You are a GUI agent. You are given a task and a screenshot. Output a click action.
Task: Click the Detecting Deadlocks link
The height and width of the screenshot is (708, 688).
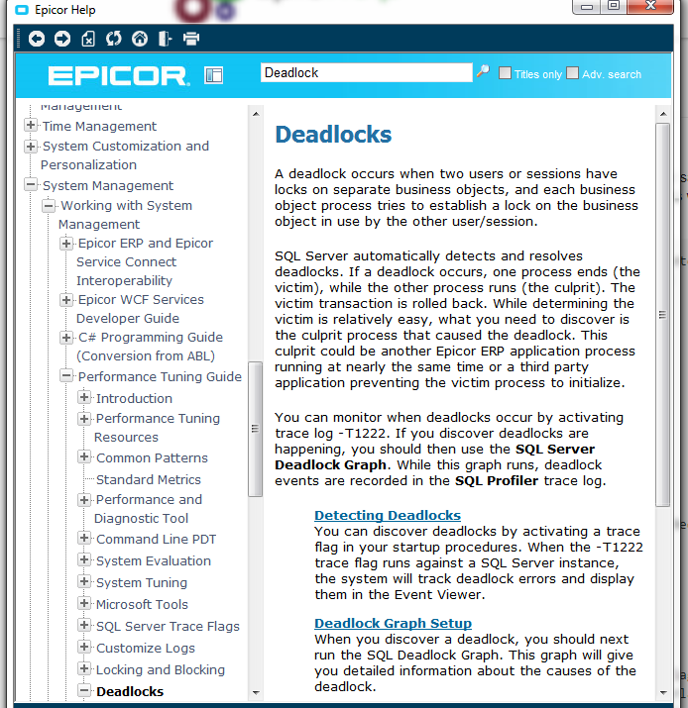click(x=388, y=515)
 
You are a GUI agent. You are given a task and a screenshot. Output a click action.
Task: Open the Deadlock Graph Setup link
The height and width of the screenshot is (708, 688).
click(x=393, y=623)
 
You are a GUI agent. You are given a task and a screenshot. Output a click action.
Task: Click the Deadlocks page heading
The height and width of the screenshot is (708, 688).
click(x=333, y=135)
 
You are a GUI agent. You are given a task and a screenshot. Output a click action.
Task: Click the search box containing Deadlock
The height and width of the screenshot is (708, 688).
click(x=366, y=72)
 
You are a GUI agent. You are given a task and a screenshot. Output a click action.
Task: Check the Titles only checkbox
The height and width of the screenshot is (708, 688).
click(x=506, y=73)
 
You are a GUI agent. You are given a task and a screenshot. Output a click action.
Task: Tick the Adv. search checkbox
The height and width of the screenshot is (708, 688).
click(x=573, y=73)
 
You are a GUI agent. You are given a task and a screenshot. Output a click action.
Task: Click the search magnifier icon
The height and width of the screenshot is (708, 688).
click(x=483, y=71)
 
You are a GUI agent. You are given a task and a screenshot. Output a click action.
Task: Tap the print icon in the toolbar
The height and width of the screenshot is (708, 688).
click(x=191, y=39)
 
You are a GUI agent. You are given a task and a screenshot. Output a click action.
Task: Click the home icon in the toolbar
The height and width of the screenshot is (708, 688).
click(x=140, y=39)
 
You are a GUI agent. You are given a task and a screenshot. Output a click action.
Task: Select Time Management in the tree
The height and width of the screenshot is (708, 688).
click(x=99, y=126)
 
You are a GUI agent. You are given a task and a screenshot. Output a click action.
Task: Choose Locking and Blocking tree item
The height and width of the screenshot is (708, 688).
click(x=160, y=669)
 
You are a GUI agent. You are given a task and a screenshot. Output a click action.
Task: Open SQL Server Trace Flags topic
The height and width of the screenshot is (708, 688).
click(x=168, y=626)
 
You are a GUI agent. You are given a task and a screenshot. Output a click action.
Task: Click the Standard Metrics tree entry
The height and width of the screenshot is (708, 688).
click(x=148, y=479)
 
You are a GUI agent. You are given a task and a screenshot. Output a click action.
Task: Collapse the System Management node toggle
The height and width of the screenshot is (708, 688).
click(x=32, y=185)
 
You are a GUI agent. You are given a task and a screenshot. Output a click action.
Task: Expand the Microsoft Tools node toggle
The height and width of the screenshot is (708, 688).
click(x=84, y=604)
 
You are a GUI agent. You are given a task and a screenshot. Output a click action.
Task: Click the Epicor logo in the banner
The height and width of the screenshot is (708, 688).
click(x=117, y=75)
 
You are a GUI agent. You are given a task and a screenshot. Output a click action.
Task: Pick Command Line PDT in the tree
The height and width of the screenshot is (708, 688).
click(x=156, y=539)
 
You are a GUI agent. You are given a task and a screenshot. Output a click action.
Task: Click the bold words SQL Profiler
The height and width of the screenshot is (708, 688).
click(x=497, y=481)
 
